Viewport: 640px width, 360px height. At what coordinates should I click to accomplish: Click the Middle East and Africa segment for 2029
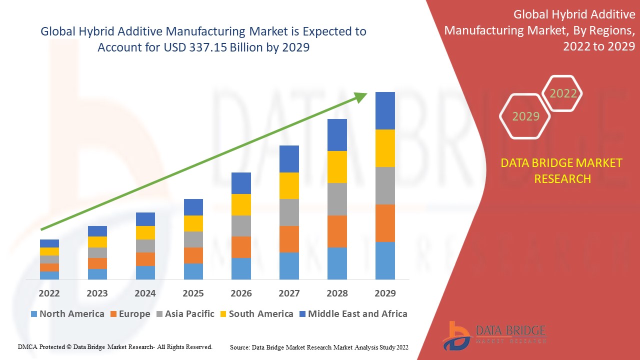click(385, 110)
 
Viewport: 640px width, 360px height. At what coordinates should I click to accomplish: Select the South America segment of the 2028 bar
click(337, 167)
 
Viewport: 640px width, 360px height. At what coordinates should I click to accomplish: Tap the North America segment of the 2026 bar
click(241, 268)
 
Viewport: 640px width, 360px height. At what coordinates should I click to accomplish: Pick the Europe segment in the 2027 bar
click(289, 239)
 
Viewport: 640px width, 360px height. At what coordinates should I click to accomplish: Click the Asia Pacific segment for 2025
click(193, 239)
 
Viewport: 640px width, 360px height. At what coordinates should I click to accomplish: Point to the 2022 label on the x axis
click(49, 293)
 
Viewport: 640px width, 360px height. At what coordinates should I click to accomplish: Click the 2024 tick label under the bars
click(145, 293)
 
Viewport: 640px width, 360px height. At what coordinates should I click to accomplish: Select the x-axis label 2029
click(385, 293)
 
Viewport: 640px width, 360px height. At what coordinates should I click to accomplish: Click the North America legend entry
click(67, 314)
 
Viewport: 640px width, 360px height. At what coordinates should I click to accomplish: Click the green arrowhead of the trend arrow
click(361, 97)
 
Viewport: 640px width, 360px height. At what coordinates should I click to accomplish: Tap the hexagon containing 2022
click(563, 93)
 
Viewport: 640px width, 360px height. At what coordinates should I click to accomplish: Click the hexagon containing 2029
click(525, 116)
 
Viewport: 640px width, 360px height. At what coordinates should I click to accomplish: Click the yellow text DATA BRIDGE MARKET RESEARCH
click(562, 170)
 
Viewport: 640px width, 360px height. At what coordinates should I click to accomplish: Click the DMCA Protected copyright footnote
click(115, 346)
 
